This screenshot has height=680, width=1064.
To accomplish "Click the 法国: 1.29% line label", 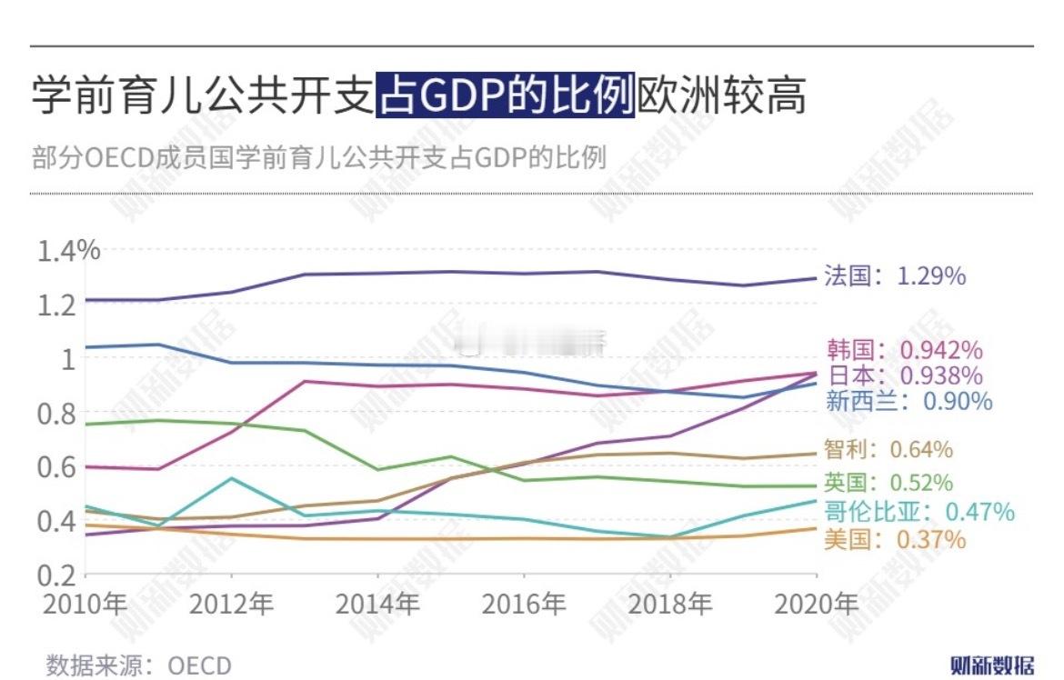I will pos(895,275).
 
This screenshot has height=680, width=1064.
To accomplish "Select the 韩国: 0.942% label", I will pos(904,350).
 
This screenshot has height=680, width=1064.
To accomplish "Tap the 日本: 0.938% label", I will pos(904,375).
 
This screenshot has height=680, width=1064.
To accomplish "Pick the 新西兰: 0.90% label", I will pos(908,401).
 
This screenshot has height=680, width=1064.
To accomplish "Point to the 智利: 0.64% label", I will pos(888,449).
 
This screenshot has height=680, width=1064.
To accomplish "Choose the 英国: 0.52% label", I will pos(888,483).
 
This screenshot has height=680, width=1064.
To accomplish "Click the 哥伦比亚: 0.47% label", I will pos(918,511).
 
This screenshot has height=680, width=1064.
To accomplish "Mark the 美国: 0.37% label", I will pos(895,539).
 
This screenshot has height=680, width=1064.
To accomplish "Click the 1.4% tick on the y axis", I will pos(68,250).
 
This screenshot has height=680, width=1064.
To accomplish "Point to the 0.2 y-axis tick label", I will pos(56,575).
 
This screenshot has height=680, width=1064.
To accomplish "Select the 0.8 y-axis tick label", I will pos(56,413).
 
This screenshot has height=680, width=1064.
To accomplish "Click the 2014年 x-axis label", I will pos(377,605).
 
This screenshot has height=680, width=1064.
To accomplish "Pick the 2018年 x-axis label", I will pos(669,605).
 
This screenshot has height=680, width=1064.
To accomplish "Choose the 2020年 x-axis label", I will pos(815,605).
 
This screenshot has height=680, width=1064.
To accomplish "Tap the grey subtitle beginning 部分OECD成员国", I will pos(318,157).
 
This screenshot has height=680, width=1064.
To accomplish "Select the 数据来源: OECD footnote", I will pos(139,665).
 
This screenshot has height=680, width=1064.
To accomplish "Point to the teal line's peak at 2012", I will pos(231,477).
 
